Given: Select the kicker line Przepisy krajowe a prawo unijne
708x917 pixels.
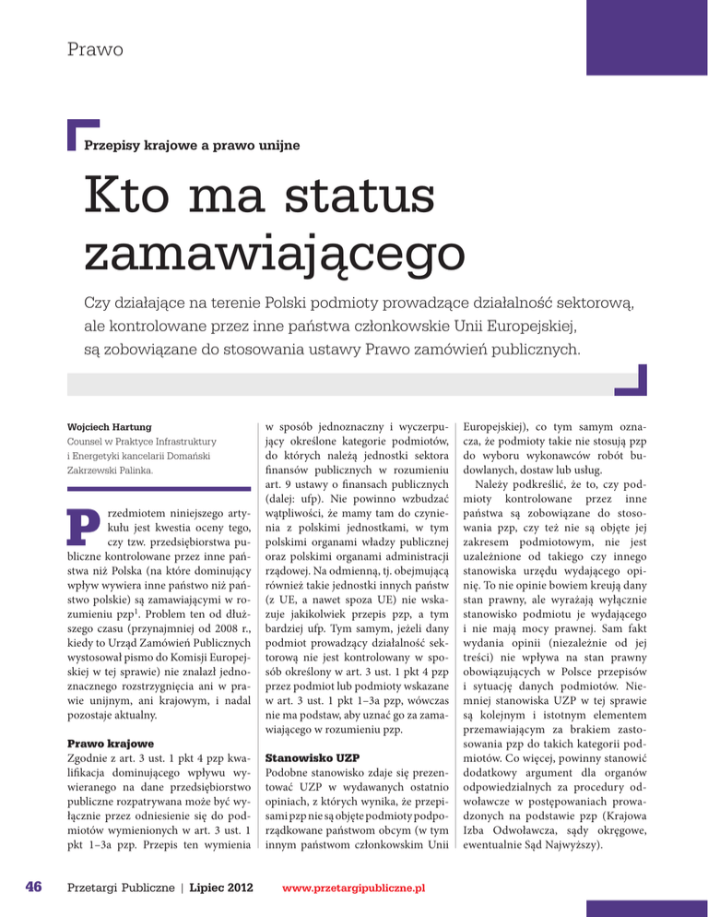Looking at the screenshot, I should (x=191, y=145).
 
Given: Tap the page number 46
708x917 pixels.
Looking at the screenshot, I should (x=25, y=887).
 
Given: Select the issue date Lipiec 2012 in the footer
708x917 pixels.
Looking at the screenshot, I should (x=216, y=887).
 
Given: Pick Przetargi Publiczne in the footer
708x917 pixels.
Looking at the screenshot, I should (x=116, y=887).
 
